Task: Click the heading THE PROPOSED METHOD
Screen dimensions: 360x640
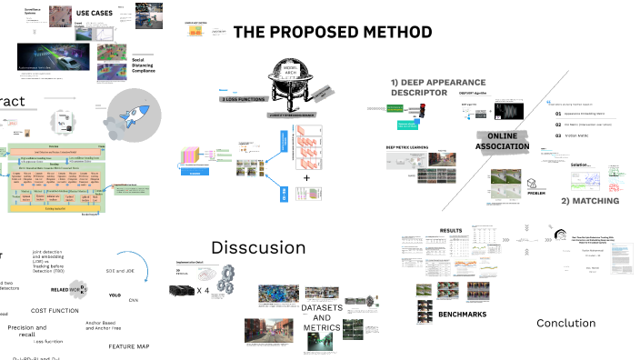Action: coord(332,33)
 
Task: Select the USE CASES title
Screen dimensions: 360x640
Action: coord(94,13)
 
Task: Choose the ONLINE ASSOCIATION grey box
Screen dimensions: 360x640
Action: coord(502,142)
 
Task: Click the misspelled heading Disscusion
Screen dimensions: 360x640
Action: coord(258,247)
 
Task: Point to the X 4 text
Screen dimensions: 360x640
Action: coord(205,290)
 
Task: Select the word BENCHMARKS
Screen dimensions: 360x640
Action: coord(462,315)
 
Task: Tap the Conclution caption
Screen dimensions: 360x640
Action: coord(565,323)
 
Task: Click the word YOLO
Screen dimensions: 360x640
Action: coord(115,295)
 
